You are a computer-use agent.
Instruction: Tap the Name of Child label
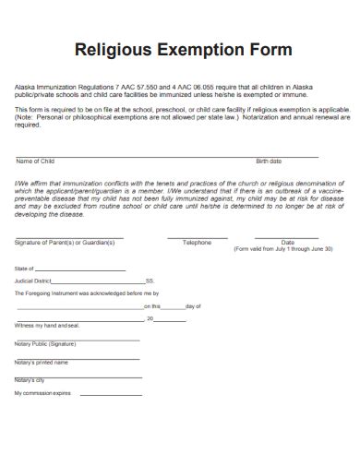(x=36, y=161)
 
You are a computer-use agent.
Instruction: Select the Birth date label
(x=269, y=161)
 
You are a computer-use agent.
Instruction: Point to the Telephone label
(x=197, y=242)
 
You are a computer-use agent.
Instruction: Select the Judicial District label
(x=33, y=281)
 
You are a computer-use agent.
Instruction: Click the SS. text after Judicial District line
(x=150, y=281)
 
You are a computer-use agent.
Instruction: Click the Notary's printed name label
(x=42, y=362)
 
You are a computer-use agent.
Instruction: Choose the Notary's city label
(x=30, y=380)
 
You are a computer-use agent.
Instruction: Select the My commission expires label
(x=42, y=394)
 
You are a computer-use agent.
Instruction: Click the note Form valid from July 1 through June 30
(x=283, y=249)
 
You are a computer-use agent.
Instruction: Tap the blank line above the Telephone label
(x=197, y=237)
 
